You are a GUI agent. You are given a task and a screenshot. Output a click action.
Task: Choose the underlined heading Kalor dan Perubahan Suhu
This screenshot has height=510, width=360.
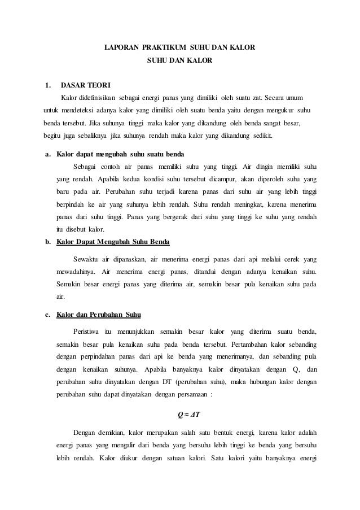(x=100, y=314)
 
